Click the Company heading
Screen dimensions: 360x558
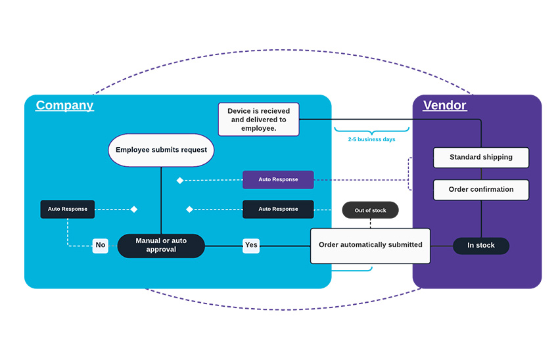pyautogui.click(x=64, y=105)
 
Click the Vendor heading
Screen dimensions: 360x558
pyautogui.click(x=444, y=105)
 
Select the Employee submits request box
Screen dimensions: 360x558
pyautogui.click(x=161, y=150)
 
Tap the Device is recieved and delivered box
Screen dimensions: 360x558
pyautogui.click(x=258, y=120)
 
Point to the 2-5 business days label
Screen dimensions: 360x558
pyautogui.click(x=371, y=139)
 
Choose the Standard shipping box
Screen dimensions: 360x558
pyautogui.click(x=481, y=158)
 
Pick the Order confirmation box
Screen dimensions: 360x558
pyautogui.click(x=481, y=190)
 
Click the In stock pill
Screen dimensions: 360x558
pyautogui.click(x=481, y=246)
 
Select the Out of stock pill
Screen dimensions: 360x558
pyautogui.click(x=370, y=210)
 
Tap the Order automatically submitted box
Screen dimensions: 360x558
pyautogui.click(x=370, y=246)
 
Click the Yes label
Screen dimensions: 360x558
pyautogui.click(x=251, y=246)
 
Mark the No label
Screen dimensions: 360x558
pyautogui.click(x=100, y=246)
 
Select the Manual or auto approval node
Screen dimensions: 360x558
pyautogui.click(x=161, y=246)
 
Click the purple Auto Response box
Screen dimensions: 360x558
pyautogui.click(x=278, y=179)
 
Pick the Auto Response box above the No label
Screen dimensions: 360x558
pyautogui.click(x=68, y=210)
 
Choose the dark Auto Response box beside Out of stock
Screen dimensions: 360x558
pyautogui.click(x=278, y=210)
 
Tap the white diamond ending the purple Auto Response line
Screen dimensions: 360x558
pyautogui.click(x=180, y=180)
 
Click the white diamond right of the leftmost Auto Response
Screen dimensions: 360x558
pyautogui.click(x=134, y=210)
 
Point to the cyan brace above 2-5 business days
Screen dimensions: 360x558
pyautogui.click(x=371, y=130)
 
